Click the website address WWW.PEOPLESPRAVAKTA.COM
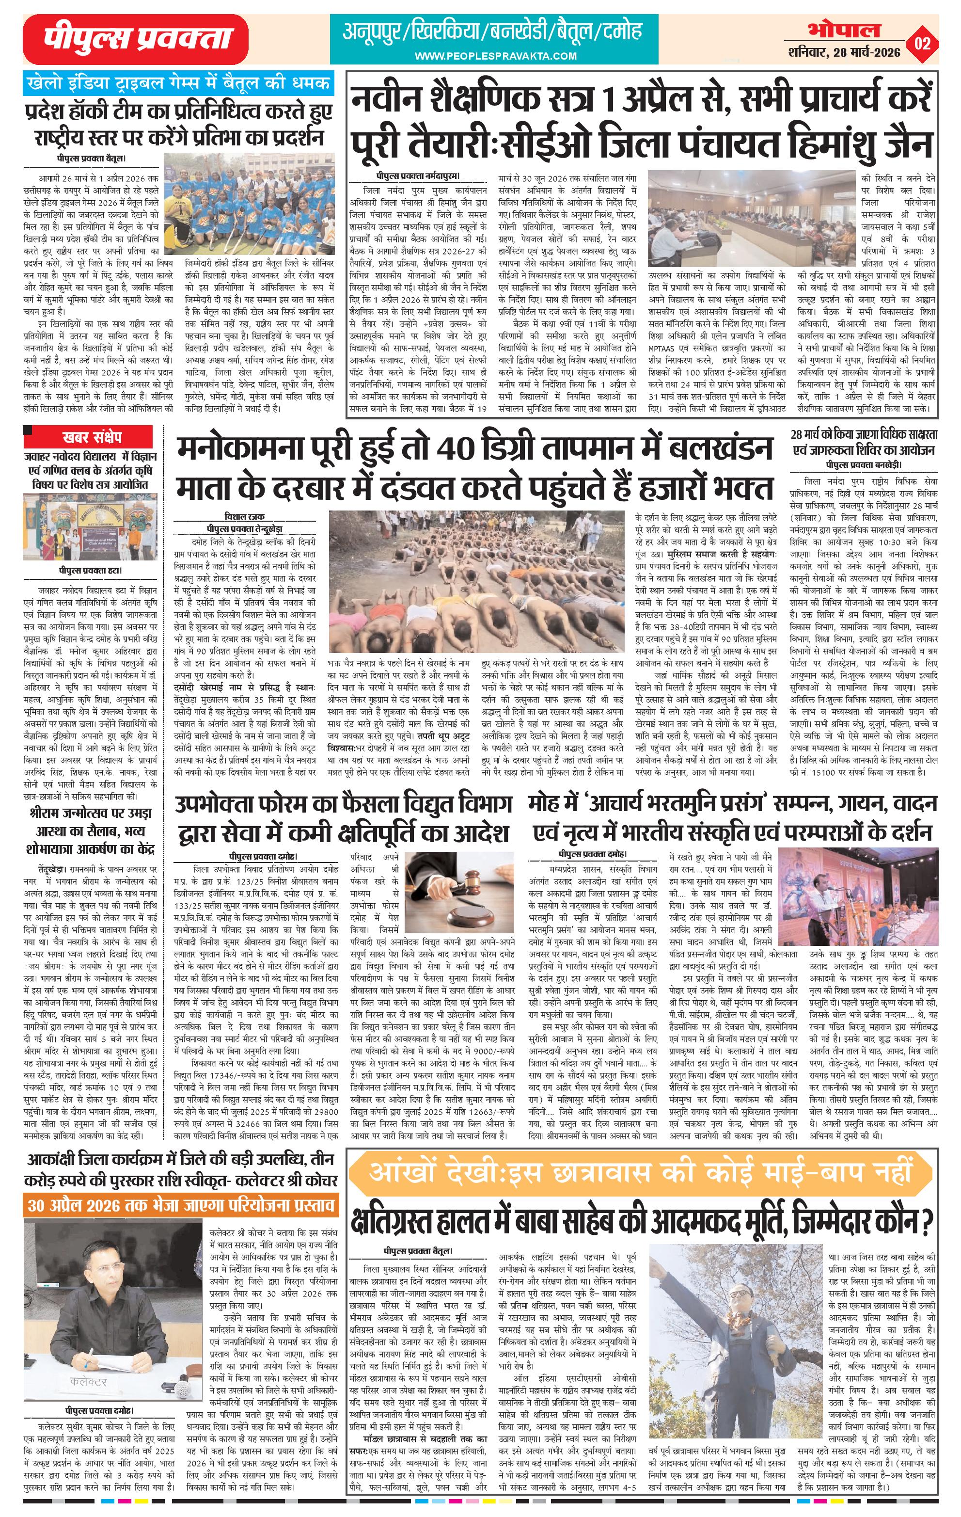[x=496, y=57]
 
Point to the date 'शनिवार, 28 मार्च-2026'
[x=843, y=52]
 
